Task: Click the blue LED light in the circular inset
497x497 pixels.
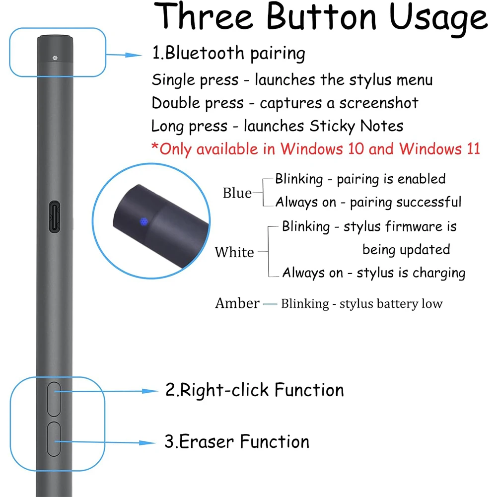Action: [143, 221]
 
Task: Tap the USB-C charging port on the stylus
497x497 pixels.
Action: [54, 216]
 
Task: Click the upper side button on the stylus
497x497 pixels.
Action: [54, 399]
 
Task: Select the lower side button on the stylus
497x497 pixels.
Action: [54, 439]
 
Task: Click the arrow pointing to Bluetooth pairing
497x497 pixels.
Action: [126, 55]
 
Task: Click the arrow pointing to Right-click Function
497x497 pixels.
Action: [144, 391]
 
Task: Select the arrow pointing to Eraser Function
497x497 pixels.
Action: [144, 442]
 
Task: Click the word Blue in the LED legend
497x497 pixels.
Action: [237, 193]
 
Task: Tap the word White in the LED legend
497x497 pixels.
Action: [234, 252]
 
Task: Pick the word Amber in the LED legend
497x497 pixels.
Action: [237, 303]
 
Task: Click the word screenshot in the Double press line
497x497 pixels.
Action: [379, 103]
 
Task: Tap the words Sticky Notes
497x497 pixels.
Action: [356, 126]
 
